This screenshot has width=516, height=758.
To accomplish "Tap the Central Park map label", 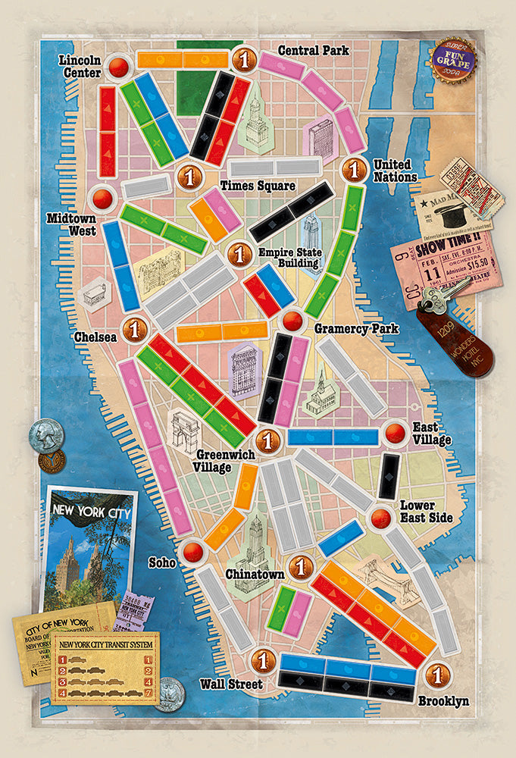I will [x=313, y=51].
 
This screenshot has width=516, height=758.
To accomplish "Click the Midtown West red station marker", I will [x=102, y=199].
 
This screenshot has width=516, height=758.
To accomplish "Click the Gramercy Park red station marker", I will [x=290, y=320].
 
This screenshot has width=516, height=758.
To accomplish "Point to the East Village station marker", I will [x=395, y=433].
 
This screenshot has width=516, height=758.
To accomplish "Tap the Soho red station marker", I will [x=193, y=551].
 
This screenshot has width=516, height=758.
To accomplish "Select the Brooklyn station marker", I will [x=435, y=673].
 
